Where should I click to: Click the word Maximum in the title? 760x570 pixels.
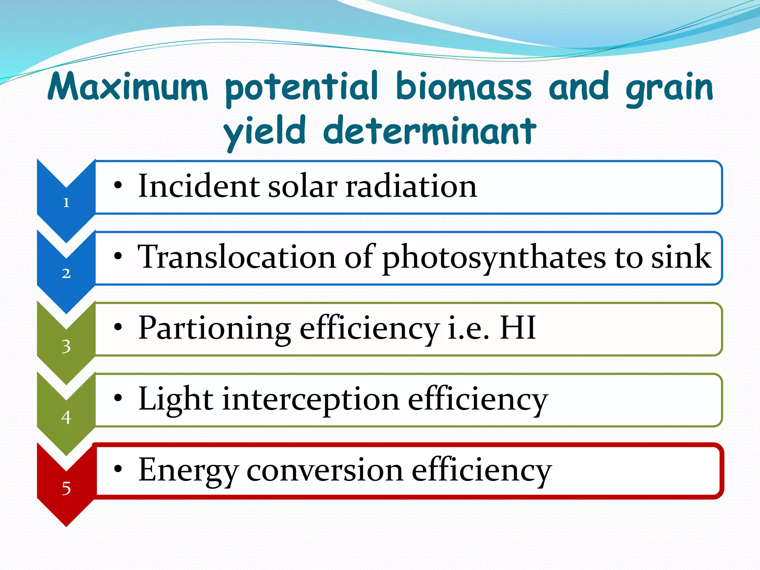(x=128, y=87)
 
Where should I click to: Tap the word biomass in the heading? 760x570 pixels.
(x=464, y=87)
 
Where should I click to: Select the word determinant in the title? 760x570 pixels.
(x=430, y=131)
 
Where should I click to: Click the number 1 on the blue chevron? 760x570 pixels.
(x=66, y=203)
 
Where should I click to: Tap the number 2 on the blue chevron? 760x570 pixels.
(x=66, y=273)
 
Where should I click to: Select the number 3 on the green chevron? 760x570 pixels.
(x=66, y=346)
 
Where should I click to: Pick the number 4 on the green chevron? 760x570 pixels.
(x=66, y=417)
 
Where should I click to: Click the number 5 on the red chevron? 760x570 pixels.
(x=66, y=488)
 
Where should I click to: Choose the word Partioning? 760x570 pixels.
(x=214, y=328)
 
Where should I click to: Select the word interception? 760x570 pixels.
(x=311, y=400)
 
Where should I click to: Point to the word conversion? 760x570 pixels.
(x=325, y=470)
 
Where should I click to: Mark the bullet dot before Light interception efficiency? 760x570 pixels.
(x=118, y=398)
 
